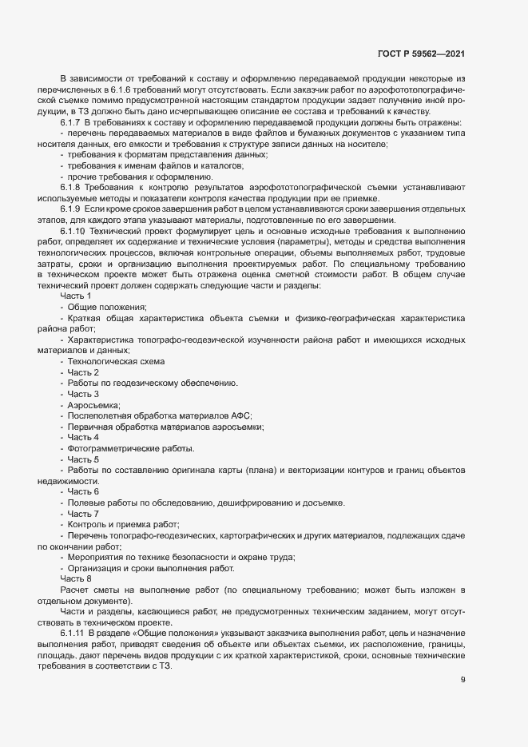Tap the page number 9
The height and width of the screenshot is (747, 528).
point(463,681)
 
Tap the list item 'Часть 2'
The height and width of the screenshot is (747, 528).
point(83,372)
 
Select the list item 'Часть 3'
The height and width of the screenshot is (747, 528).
point(83,394)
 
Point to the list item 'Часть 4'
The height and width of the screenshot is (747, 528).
point(83,437)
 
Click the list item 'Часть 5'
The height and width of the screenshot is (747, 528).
point(83,459)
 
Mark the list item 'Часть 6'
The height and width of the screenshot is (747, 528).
point(83,491)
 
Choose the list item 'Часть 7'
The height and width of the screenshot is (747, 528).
point(83,513)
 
